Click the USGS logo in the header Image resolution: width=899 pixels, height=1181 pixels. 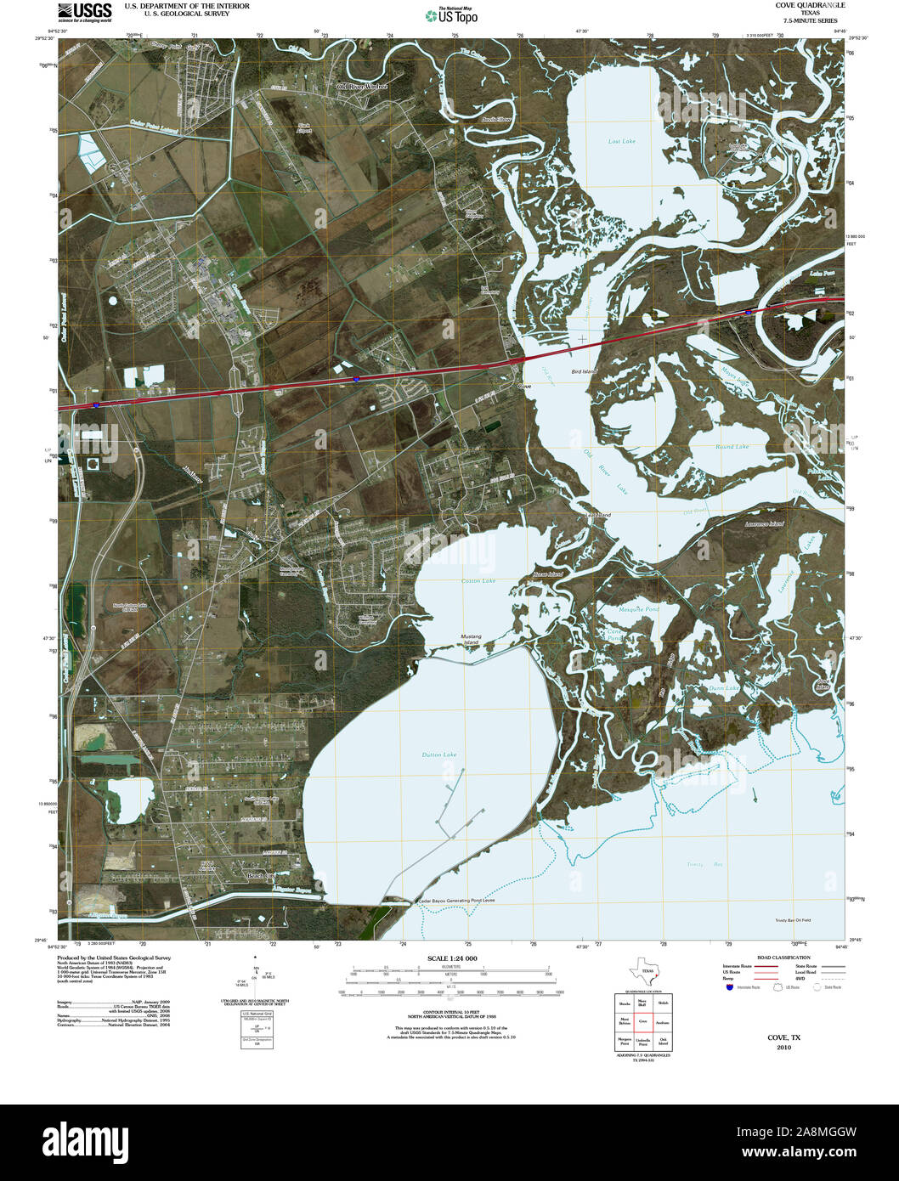(x=84, y=12)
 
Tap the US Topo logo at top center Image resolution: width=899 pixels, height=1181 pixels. (x=452, y=15)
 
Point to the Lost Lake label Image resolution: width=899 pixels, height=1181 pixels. (x=621, y=141)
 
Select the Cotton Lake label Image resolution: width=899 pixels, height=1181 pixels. (x=478, y=580)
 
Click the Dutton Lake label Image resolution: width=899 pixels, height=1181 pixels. (x=438, y=754)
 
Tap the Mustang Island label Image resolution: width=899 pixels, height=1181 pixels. (x=471, y=639)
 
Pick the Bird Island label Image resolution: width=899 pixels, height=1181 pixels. (x=584, y=372)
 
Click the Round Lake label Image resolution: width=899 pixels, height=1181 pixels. (x=731, y=446)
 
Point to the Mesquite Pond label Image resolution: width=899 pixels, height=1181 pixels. (x=640, y=609)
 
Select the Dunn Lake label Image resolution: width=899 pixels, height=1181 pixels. (x=723, y=688)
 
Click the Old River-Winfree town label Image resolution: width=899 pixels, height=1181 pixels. (x=361, y=87)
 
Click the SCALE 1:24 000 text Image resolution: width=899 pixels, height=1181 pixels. (x=452, y=958)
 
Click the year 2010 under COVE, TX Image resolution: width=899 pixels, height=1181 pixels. (x=783, y=1048)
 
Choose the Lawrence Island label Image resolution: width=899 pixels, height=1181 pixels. (x=763, y=524)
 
